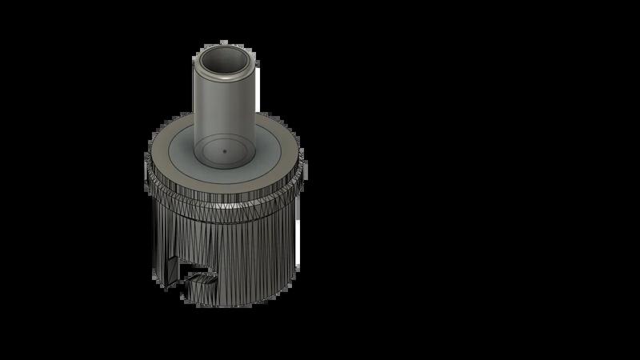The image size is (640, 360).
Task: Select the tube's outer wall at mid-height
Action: coord(225,112)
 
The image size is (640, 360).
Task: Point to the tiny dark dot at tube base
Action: coord(225,149)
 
